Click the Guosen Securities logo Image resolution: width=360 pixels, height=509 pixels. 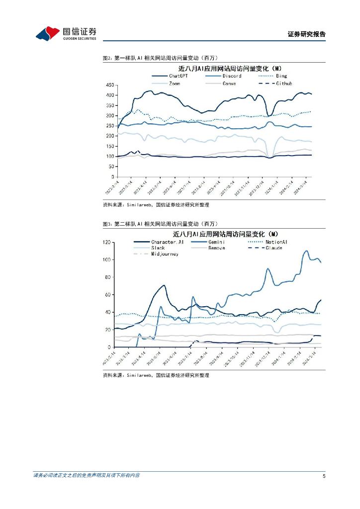point(66,33)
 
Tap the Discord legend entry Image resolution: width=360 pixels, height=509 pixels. point(232,76)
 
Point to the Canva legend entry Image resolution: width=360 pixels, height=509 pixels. point(229,84)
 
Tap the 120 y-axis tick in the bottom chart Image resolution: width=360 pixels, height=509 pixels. point(105,242)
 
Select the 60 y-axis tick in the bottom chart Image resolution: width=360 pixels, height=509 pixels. point(107,295)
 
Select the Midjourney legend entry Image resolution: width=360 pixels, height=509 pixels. point(164,254)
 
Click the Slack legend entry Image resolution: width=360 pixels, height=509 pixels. point(158,248)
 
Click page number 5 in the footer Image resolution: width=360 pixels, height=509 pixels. point(324,476)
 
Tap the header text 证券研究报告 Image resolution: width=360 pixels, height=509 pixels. point(306,34)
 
